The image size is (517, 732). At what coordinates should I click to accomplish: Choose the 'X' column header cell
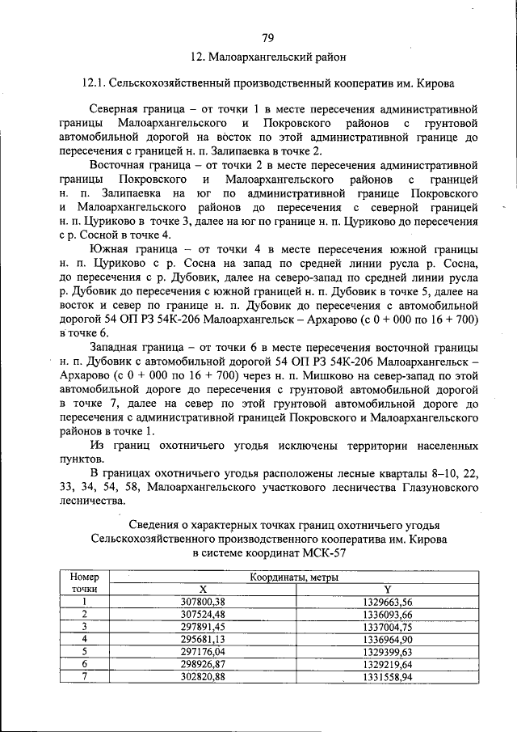[x=203, y=590]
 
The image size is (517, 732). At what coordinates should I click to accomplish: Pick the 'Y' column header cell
[x=388, y=590]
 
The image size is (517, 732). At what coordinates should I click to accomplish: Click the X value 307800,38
[x=203, y=602]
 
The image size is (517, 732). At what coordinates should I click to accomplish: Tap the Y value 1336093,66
[x=388, y=614]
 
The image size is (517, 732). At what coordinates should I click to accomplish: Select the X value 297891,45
[x=203, y=626]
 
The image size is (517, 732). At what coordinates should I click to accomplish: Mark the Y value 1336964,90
[x=388, y=638]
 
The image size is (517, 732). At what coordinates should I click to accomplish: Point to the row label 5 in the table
[x=84, y=650]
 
